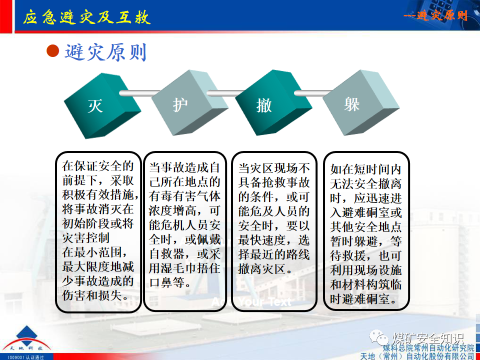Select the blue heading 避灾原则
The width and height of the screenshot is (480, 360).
tap(105, 51)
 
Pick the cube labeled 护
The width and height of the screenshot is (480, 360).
tap(180, 105)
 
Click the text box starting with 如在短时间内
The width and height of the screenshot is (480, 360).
tap(366, 231)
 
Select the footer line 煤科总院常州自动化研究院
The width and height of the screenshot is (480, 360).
tap(428, 348)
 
